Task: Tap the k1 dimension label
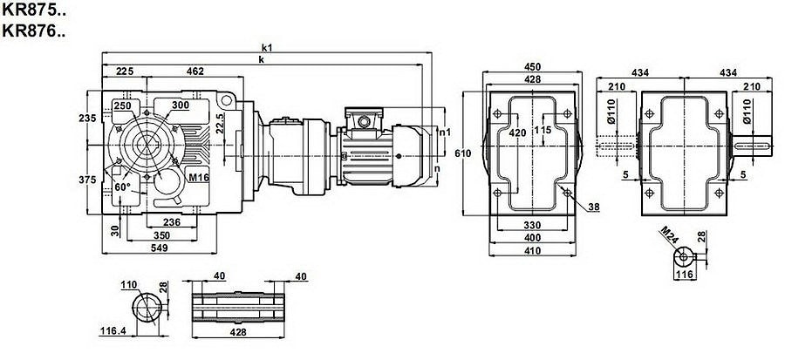pos(267,47)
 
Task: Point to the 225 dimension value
pos(124,71)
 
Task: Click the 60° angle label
pos(122,187)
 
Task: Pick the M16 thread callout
pos(199,178)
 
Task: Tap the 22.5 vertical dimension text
pos(221,121)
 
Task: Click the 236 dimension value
pos(172,222)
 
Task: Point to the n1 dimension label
pos(445,132)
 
